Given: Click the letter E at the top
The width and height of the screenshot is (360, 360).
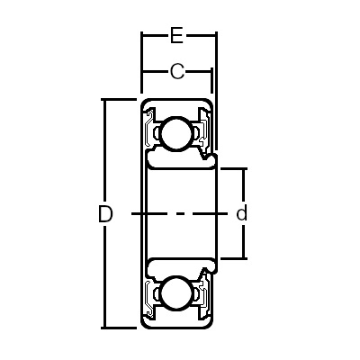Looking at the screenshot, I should pos(177,37).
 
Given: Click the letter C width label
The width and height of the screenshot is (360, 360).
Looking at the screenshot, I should pos(177,71).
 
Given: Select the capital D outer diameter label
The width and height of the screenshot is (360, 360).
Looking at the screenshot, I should pos(105,214).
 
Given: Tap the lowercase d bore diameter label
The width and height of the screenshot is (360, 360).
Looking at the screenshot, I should pos(241,214).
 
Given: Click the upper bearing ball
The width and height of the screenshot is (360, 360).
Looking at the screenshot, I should pos(176,134).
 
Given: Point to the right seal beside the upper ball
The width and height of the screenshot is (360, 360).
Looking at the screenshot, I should pos(205,133).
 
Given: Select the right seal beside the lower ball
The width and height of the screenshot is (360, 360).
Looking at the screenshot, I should pos(205,293).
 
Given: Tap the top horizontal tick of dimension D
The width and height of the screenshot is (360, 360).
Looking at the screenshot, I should pos(117,99).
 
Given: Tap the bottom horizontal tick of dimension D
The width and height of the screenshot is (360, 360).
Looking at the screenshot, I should pos(117,328).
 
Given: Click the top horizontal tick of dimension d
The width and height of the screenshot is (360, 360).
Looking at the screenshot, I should pos(232,168).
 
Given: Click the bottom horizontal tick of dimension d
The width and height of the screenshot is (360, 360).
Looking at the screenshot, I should pos(232,259).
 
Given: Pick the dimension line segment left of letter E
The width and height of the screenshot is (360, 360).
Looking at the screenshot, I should pos(154,37).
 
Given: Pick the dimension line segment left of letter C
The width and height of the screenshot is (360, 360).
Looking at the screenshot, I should pos(154,71).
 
